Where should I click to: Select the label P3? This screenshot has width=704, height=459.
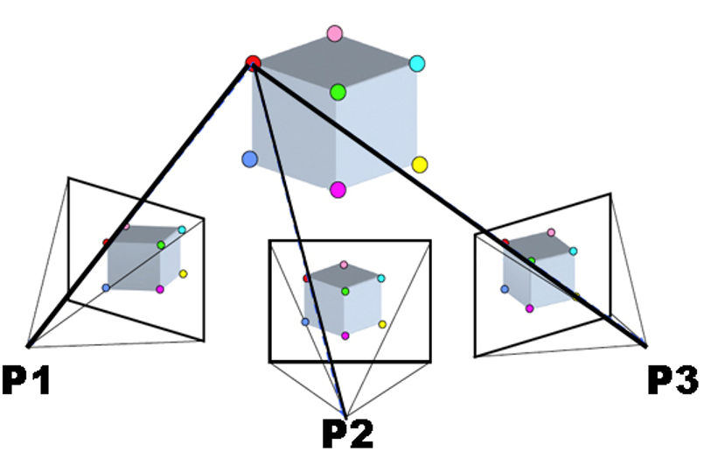[x=672, y=378]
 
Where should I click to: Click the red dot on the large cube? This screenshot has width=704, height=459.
[x=253, y=62]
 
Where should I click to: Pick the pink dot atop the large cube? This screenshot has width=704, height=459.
[x=334, y=34]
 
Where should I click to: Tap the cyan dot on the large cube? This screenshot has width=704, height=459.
[x=417, y=63]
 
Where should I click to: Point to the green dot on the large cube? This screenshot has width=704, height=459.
[x=338, y=91]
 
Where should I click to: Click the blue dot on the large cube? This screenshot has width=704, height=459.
[x=249, y=159]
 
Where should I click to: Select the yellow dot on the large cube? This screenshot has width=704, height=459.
[x=419, y=164]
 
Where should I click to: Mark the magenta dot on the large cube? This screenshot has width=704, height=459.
[x=338, y=189]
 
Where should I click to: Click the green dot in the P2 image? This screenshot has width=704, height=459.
[x=345, y=290]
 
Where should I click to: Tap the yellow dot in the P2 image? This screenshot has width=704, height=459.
[x=383, y=324]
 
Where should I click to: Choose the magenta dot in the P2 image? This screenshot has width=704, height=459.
[x=345, y=335]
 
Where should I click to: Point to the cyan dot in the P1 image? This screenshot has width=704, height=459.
[x=182, y=230]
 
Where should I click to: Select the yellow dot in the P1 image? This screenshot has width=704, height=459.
[x=184, y=274]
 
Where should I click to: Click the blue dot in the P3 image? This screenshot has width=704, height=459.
[x=505, y=288]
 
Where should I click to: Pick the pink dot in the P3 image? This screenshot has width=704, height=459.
[x=551, y=233]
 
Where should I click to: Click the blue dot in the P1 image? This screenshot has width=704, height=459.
[x=106, y=287]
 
